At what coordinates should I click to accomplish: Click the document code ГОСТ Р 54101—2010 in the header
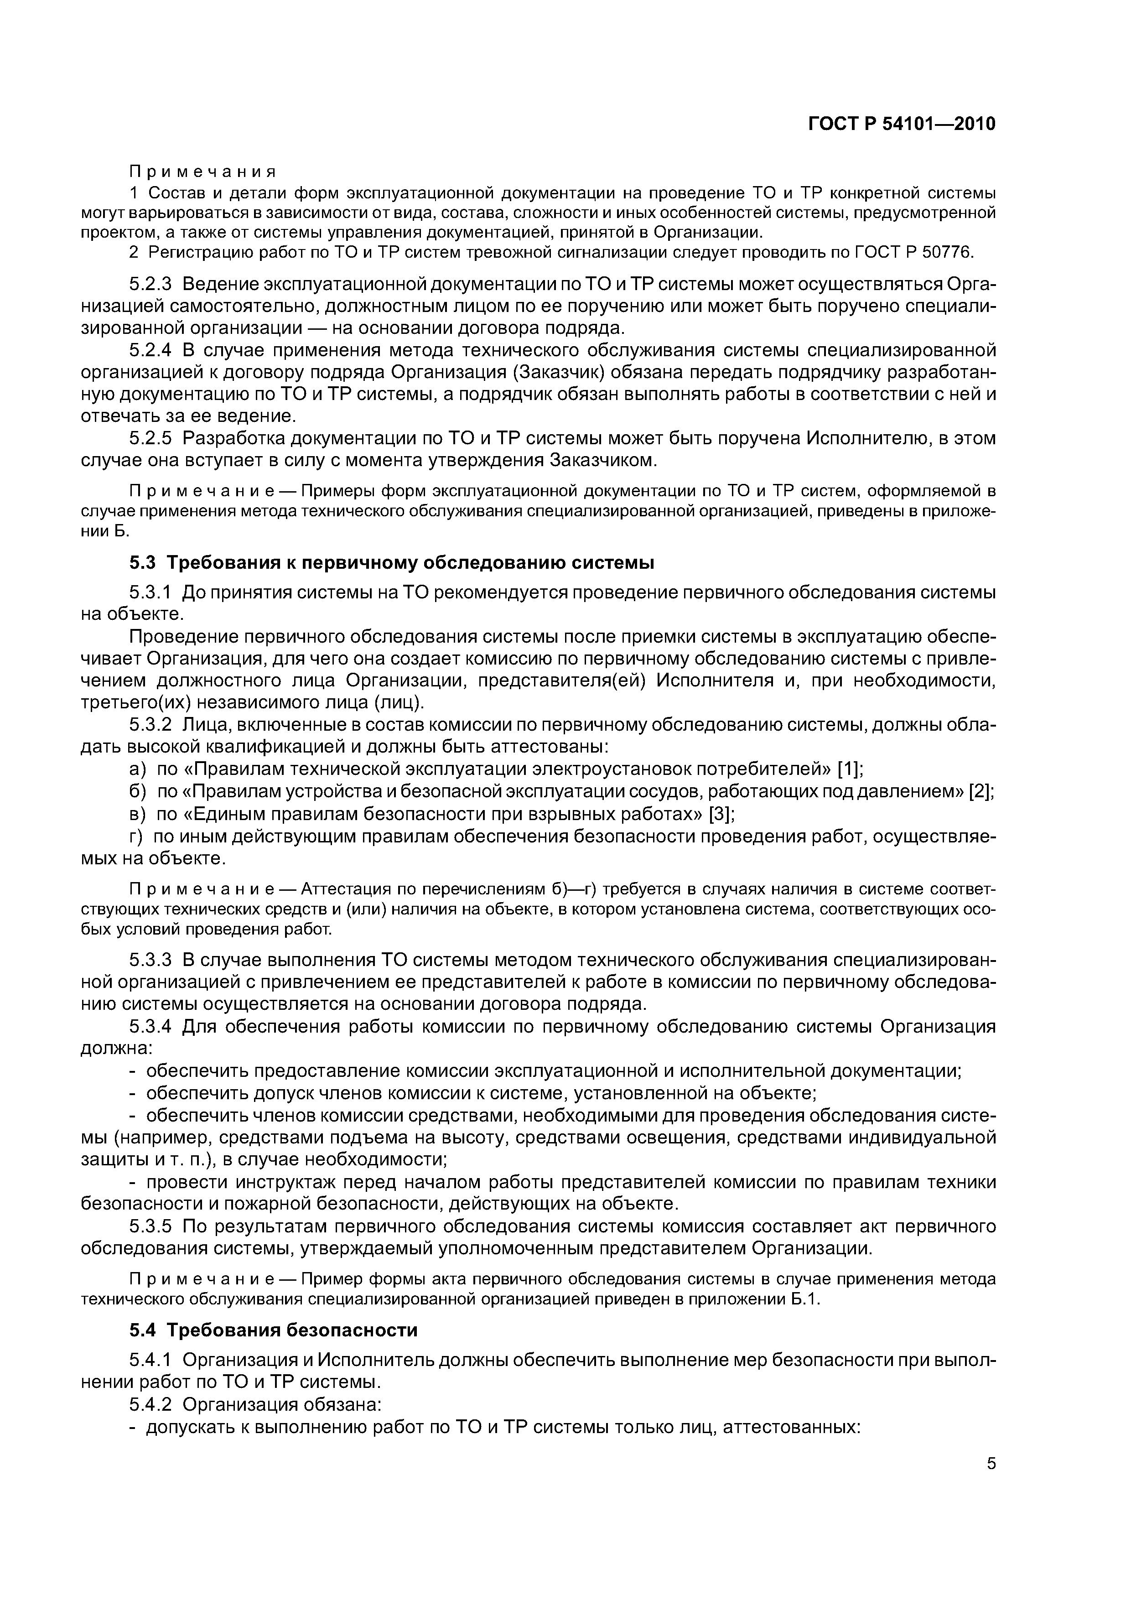pos(901,125)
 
